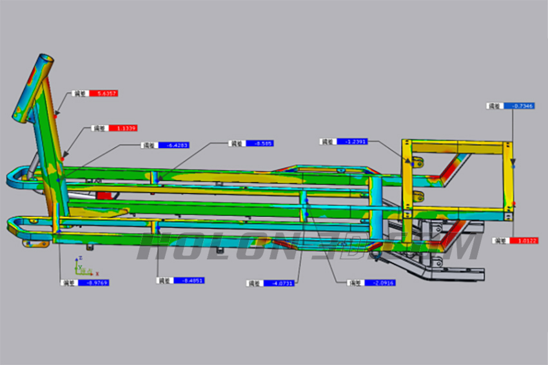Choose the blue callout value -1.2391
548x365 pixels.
pos(352,142)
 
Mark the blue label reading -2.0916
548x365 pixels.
pos(379,283)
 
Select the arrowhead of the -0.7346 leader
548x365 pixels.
pos(513,164)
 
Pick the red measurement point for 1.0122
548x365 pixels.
pos(514,208)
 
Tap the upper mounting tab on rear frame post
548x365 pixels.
pos(418,161)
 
